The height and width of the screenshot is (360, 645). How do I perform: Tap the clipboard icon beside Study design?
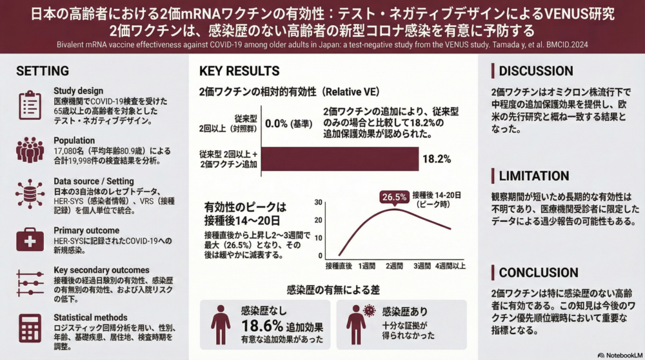point(30,105)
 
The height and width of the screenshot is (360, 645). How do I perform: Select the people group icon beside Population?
point(30,150)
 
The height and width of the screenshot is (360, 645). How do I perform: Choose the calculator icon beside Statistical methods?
point(30,328)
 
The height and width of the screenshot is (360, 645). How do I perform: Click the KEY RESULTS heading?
point(239,71)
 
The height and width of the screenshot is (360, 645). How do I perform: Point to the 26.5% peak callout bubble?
point(394,197)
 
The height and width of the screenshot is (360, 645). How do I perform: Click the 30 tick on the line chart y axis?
point(319,203)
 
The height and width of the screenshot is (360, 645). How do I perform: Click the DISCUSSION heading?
point(536,70)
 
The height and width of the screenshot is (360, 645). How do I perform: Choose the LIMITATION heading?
point(534,175)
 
